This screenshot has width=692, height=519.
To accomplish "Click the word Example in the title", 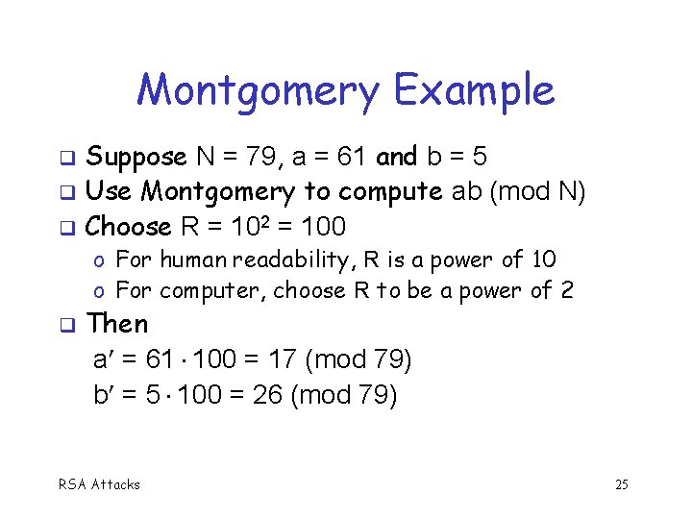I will coord(474,90).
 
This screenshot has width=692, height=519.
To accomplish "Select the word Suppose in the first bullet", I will coord(136,157).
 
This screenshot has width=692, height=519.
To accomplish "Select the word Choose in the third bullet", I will coord(128,228).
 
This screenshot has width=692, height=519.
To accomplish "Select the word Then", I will coord(117,324).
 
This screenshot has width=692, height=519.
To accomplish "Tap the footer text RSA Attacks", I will coord(100,484).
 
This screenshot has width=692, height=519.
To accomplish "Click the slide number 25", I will coord(621,484).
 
